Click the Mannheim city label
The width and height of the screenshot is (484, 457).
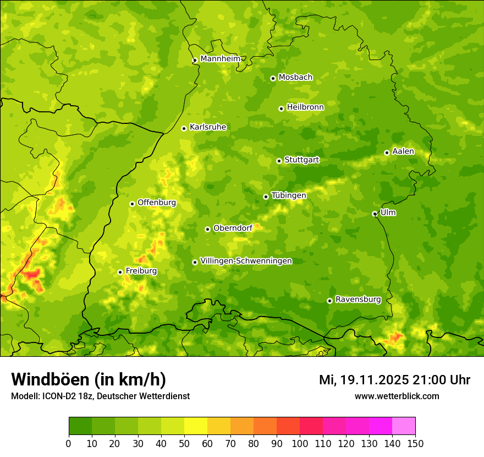(x=221, y=58)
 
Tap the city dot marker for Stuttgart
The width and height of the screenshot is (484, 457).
(x=279, y=161)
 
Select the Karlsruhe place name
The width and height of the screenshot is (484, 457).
(x=208, y=127)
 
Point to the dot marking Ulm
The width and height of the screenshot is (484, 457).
(x=375, y=214)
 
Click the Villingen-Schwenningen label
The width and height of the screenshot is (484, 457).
(x=246, y=261)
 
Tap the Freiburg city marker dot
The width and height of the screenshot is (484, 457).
(x=120, y=272)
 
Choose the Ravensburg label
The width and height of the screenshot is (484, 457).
(x=358, y=300)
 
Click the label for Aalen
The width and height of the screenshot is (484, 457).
(x=403, y=151)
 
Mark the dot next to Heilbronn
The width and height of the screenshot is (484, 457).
(x=281, y=108)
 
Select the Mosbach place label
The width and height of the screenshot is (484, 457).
(x=295, y=78)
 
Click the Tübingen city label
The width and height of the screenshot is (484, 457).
(x=289, y=195)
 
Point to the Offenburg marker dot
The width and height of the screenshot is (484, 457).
(x=132, y=204)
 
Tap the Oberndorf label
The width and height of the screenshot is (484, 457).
(x=233, y=228)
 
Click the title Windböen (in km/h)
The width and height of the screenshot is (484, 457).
(x=88, y=379)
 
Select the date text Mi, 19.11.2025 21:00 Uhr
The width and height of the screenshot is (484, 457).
(x=394, y=380)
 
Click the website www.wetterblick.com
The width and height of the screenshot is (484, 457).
(x=397, y=396)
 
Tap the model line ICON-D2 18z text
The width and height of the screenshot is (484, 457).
(x=100, y=396)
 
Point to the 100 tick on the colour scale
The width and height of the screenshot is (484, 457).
(x=300, y=443)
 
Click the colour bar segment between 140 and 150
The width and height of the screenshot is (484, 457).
(x=404, y=426)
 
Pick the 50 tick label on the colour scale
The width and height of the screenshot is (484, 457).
(x=184, y=443)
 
